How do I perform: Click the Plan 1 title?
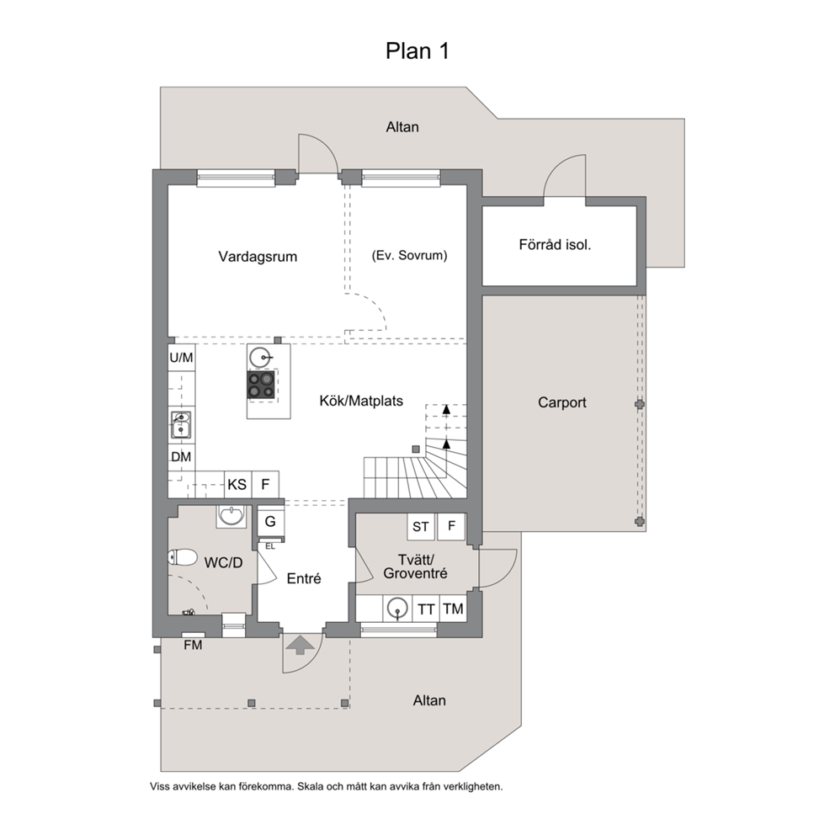(x=417, y=51)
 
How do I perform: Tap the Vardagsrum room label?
(x=258, y=257)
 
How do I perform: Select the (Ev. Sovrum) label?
(x=410, y=255)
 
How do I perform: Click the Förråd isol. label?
(x=555, y=244)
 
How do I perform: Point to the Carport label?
(x=561, y=402)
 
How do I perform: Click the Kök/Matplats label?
(x=361, y=401)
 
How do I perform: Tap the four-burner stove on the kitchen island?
(x=261, y=384)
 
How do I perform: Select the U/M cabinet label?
(x=181, y=358)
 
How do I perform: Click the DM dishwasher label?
(x=181, y=457)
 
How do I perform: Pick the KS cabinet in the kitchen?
(x=237, y=484)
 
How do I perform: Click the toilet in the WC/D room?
(x=182, y=557)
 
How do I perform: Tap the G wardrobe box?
(x=270, y=521)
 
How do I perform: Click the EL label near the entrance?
(x=270, y=546)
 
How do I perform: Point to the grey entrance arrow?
(x=300, y=645)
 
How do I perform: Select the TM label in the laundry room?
(x=453, y=609)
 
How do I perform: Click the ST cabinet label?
(x=421, y=527)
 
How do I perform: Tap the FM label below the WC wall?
(x=193, y=645)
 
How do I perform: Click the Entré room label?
(x=304, y=578)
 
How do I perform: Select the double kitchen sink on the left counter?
(x=181, y=424)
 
